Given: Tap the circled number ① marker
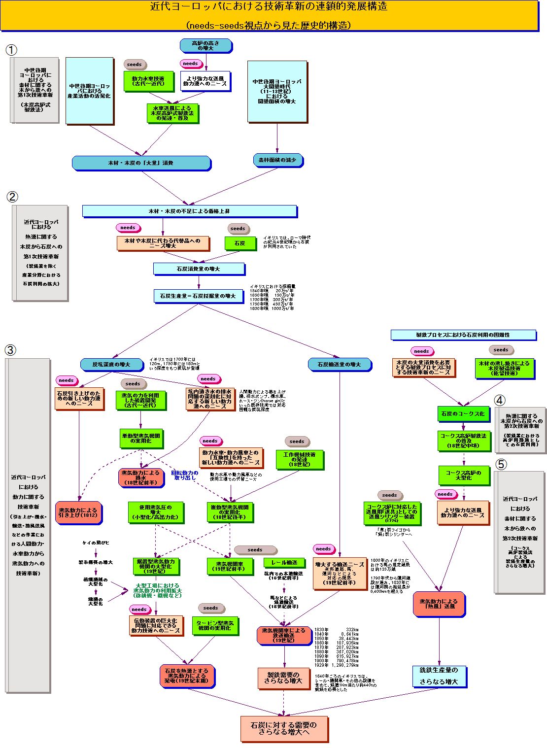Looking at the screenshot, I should point(11,50).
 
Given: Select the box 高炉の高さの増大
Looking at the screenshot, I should point(205,46).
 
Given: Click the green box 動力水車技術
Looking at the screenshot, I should point(148,81).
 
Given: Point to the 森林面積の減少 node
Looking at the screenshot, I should point(277,160).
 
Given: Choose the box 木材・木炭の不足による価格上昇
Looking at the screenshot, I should point(189,211).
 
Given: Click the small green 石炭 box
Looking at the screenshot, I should point(240,243).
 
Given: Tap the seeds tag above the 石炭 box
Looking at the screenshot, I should point(238,229).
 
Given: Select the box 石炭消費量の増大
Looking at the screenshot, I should point(199,269).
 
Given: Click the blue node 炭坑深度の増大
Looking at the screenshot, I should point(111,365).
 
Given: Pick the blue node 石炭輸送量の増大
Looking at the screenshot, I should point(339,365).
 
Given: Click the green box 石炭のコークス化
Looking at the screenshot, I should point(463,414).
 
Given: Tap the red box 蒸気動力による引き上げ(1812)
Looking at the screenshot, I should point(78,513).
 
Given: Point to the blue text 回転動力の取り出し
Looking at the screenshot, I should point(185,475).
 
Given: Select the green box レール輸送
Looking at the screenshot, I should point(284,562).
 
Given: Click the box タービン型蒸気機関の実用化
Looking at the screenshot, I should point(215,626).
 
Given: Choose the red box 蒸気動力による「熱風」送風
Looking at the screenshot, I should point(439,604).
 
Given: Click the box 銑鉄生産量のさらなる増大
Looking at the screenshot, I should point(439,676).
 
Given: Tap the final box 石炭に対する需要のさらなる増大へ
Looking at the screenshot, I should point(284,729).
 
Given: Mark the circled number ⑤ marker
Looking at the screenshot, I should point(501,465).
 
